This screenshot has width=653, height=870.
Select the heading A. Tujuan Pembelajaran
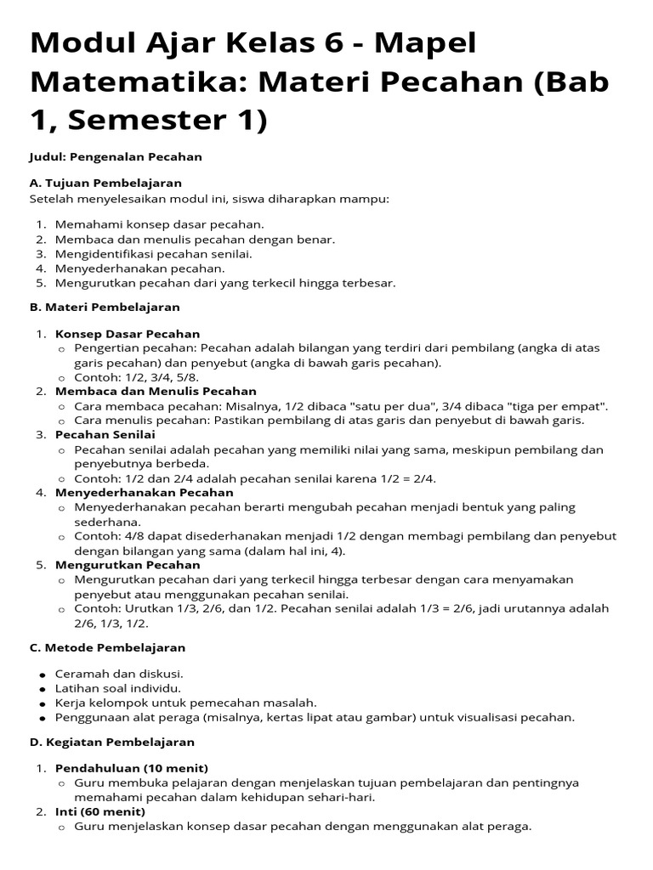pos(105,183)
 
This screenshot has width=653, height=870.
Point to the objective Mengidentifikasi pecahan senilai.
pos(153,253)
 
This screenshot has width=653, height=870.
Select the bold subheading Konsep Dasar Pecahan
pos(128,334)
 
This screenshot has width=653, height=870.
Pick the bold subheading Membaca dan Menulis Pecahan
pos(156,392)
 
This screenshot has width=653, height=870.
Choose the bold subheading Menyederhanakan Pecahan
pos(144,493)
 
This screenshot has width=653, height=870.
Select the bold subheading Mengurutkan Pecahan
pos(128,565)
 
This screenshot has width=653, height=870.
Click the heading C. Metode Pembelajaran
pos(107,647)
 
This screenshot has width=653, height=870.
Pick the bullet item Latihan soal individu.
pos(117,688)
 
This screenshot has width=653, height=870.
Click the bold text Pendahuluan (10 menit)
pos(131,768)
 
